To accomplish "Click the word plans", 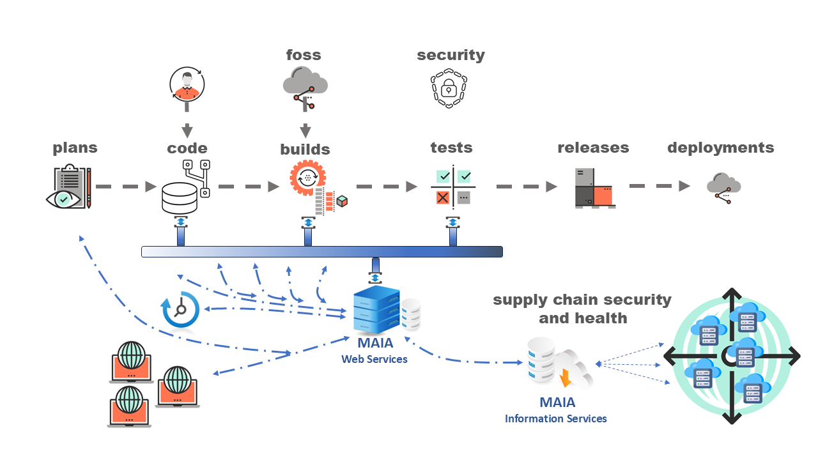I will point(75,148).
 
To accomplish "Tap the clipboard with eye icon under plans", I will point(68,187).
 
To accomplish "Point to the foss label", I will point(304,55).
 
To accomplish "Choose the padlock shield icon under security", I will point(451,88).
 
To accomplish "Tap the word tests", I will point(451,148).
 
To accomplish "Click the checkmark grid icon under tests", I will point(454,187).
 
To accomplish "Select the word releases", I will point(593,148).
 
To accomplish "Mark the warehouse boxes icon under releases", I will point(595,188).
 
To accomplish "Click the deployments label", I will point(720,148).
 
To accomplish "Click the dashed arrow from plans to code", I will point(126,187).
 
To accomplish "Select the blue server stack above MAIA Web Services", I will point(377,310).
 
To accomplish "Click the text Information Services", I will point(555,419).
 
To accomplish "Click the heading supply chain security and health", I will point(582,309).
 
